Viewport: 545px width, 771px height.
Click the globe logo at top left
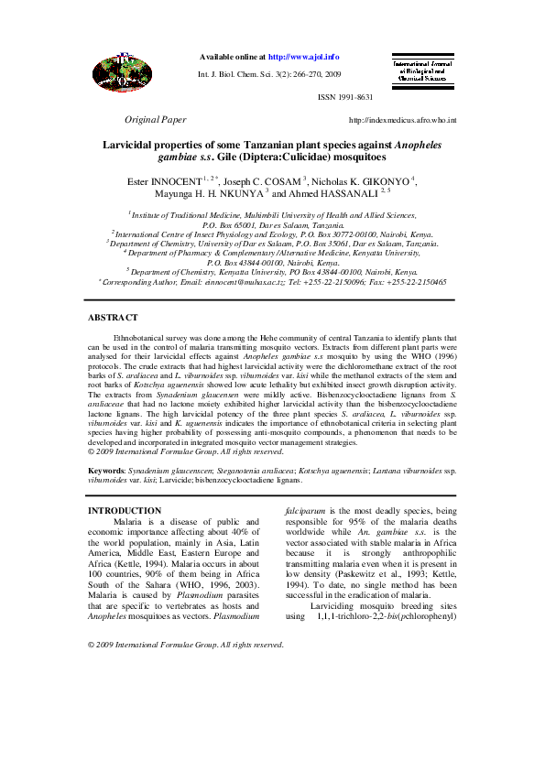(119, 69)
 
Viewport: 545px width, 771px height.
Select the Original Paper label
(156, 120)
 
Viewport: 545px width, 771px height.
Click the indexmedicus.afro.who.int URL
(403, 121)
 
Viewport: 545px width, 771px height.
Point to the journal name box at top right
(421, 71)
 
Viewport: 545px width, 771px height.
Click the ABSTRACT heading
(113, 317)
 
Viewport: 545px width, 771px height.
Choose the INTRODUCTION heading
(124, 510)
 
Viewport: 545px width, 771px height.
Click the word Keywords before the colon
(106, 470)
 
